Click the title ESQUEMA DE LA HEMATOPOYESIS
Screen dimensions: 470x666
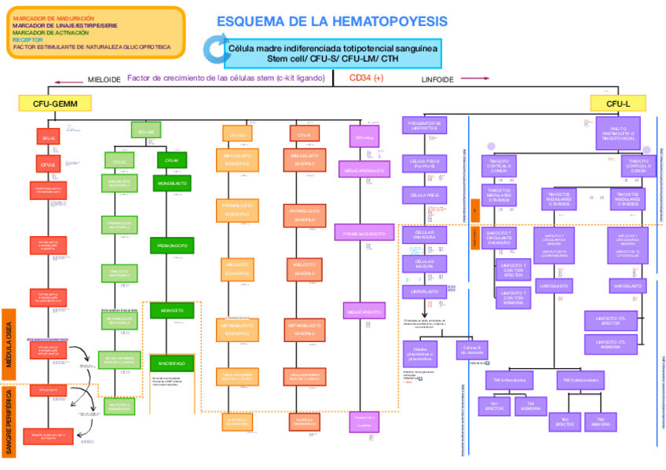pos(332,21)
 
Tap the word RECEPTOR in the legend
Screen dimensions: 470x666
pos(28,39)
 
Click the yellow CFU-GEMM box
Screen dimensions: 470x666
pos(54,103)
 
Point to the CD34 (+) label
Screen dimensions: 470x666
pos(366,78)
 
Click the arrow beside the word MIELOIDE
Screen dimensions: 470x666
pos(68,80)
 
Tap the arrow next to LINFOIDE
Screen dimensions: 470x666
pos(474,78)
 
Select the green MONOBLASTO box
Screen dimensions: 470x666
pos(171,183)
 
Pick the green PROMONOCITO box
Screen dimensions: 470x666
pos(171,246)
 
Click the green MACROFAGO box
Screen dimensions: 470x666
pos(171,364)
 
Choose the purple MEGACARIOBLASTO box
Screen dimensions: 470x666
pos(364,169)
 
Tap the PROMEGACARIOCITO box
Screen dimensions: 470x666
pos(364,233)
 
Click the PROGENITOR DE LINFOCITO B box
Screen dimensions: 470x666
pos(424,126)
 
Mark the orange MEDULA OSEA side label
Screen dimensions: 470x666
pos(9,342)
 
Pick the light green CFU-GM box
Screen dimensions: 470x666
pos(145,132)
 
